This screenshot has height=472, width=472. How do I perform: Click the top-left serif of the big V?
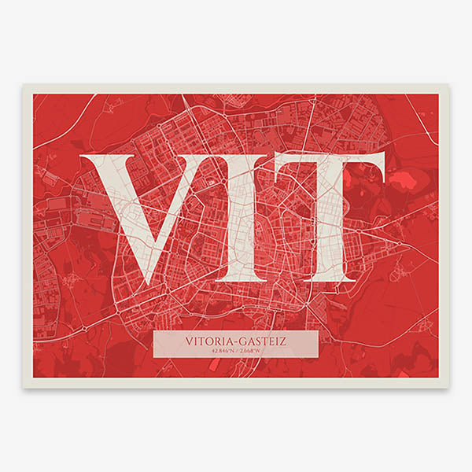pos(100,158)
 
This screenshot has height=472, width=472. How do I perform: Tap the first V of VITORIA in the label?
pos(191,341)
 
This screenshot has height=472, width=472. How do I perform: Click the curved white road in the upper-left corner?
pos(59,126)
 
